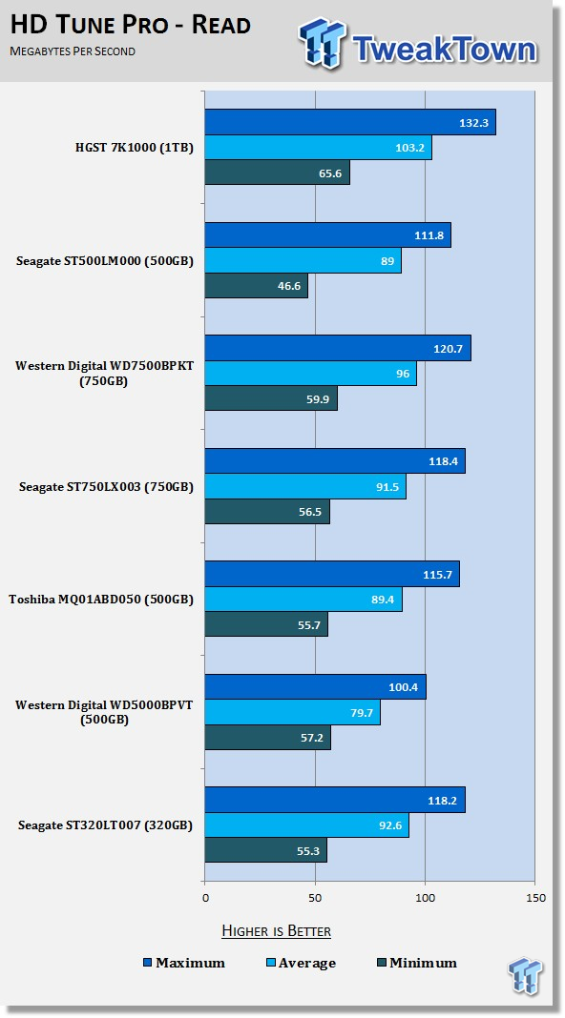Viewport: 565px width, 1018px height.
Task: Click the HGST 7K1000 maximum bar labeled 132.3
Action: pyautogui.click(x=350, y=122)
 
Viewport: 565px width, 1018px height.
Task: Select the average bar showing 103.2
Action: pyautogui.click(x=318, y=148)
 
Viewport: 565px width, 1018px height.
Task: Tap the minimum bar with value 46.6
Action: pyautogui.click(x=256, y=286)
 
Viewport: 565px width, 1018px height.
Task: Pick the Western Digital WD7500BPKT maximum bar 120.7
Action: pyautogui.click(x=338, y=348)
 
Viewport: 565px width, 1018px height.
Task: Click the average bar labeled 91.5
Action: pyautogui.click(x=305, y=486)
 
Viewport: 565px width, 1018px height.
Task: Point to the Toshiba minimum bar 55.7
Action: pyautogui.click(x=266, y=624)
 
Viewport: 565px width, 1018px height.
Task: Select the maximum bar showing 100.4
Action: pyautogui.click(x=315, y=687)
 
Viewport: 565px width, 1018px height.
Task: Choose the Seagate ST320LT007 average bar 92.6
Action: pyautogui.click(x=307, y=825)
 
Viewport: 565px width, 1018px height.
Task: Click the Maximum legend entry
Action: pyautogui.click(x=184, y=963)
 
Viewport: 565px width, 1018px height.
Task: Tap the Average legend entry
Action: pyautogui.click(x=301, y=963)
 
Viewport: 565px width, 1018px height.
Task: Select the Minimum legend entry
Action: pyautogui.click(x=417, y=963)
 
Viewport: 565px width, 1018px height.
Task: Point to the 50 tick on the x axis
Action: pyautogui.click(x=315, y=898)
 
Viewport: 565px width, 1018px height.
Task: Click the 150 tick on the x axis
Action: pyautogui.click(x=535, y=898)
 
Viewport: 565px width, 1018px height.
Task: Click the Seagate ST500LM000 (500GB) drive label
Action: pyautogui.click(x=105, y=261)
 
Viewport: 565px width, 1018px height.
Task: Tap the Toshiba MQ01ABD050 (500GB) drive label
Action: pyautogui.click(x=101, y=600)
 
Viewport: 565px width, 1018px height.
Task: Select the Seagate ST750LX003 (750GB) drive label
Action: pyautogui.click(x=106, y=486)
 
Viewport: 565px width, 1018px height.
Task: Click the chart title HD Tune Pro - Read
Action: pyautogui.click(x=131, y=25)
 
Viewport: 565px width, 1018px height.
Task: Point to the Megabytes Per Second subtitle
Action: pyautogui.click(x=73, y=51)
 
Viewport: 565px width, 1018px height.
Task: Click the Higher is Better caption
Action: pyautogui.click(x=277, y=931)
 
